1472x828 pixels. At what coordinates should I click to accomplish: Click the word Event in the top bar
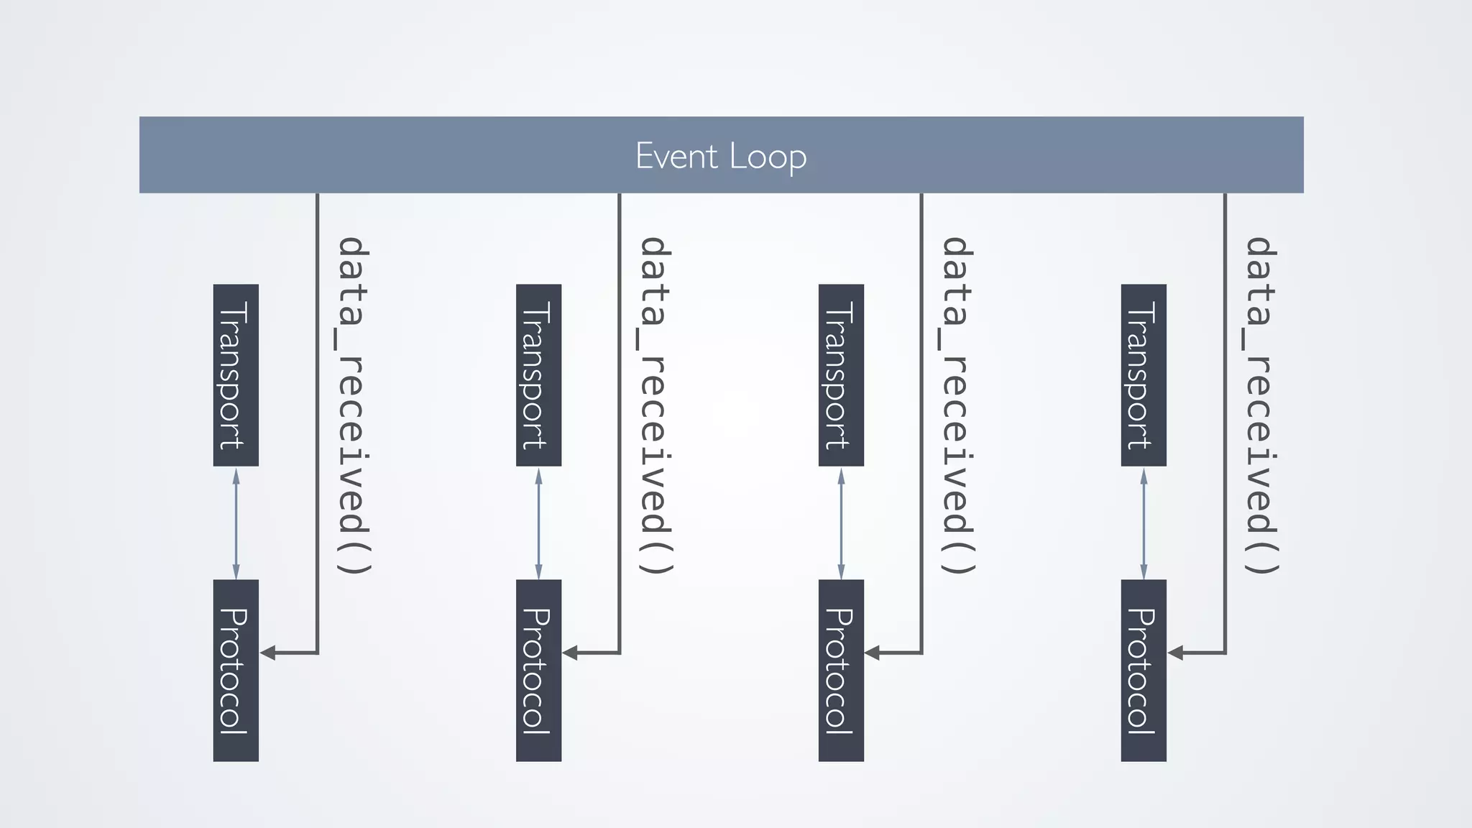pyautogui.click(x=676, y=156)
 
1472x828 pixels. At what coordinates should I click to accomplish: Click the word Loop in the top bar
pyautogui.click(x=768, y=156)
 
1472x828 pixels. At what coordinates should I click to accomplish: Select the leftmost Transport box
pyautogui.click(x=236, y=375)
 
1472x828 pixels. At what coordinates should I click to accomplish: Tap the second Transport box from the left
pyautogui.click(x=538, y=375)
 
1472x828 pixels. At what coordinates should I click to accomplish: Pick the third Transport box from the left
pyautogui.click(x=841, y=375)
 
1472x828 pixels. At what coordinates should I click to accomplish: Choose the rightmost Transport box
pyautogui.click(x=1144, y=375)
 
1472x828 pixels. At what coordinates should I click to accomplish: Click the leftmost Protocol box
pyautogui.click(x=236, y=670)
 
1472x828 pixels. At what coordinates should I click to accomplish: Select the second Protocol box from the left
pyautogui.click(x=538, y=670)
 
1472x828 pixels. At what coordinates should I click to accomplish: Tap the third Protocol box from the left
pyautogui.click(x=841, y=670)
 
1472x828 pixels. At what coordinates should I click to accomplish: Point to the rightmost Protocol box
pyautogui.click(x=1144, y=670)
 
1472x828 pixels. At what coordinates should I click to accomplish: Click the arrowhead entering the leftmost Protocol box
pyautogui.click(x=268, y=653)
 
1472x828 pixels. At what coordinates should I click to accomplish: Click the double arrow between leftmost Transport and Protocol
pyautogui.click(x=236, y=523)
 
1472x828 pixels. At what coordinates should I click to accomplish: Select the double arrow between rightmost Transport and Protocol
pyautogui.click(x=1144, y=523)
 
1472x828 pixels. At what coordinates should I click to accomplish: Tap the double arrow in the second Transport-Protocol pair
pyautogui.click(x=538, y=523)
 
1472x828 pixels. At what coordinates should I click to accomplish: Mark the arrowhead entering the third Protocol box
pyautogui.click(x=873, y=653)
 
